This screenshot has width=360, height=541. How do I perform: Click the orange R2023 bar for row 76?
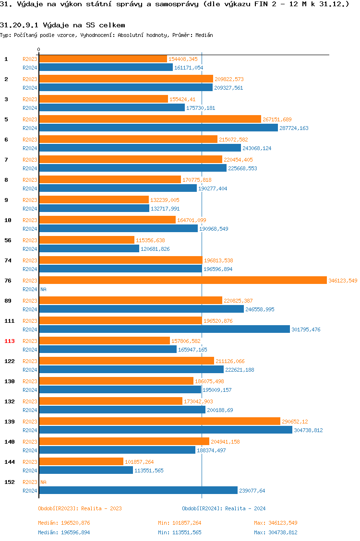(182, 281)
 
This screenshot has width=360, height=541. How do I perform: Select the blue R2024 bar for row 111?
(164, 329)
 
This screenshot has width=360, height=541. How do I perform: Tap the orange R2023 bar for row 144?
(81, 462)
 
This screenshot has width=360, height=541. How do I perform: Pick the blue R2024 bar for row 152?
(138, 491)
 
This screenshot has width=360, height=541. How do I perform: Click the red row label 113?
(10, 341)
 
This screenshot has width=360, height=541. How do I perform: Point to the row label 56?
(8, 240)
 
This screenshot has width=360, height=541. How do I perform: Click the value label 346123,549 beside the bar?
(343, 281)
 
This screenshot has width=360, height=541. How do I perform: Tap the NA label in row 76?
(43, 289)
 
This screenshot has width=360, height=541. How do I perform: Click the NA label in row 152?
(43, 482)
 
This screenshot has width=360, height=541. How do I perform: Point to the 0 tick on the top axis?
(39, 50)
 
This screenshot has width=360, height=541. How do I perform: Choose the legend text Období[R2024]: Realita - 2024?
(224, 508)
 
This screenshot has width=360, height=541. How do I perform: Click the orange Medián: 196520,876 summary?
(64, 523)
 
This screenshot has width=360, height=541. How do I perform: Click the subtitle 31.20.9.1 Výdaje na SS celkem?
(62, 25)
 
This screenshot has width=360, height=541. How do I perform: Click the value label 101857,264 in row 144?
(139, 462)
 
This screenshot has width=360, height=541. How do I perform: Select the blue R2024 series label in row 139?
(30, 430)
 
